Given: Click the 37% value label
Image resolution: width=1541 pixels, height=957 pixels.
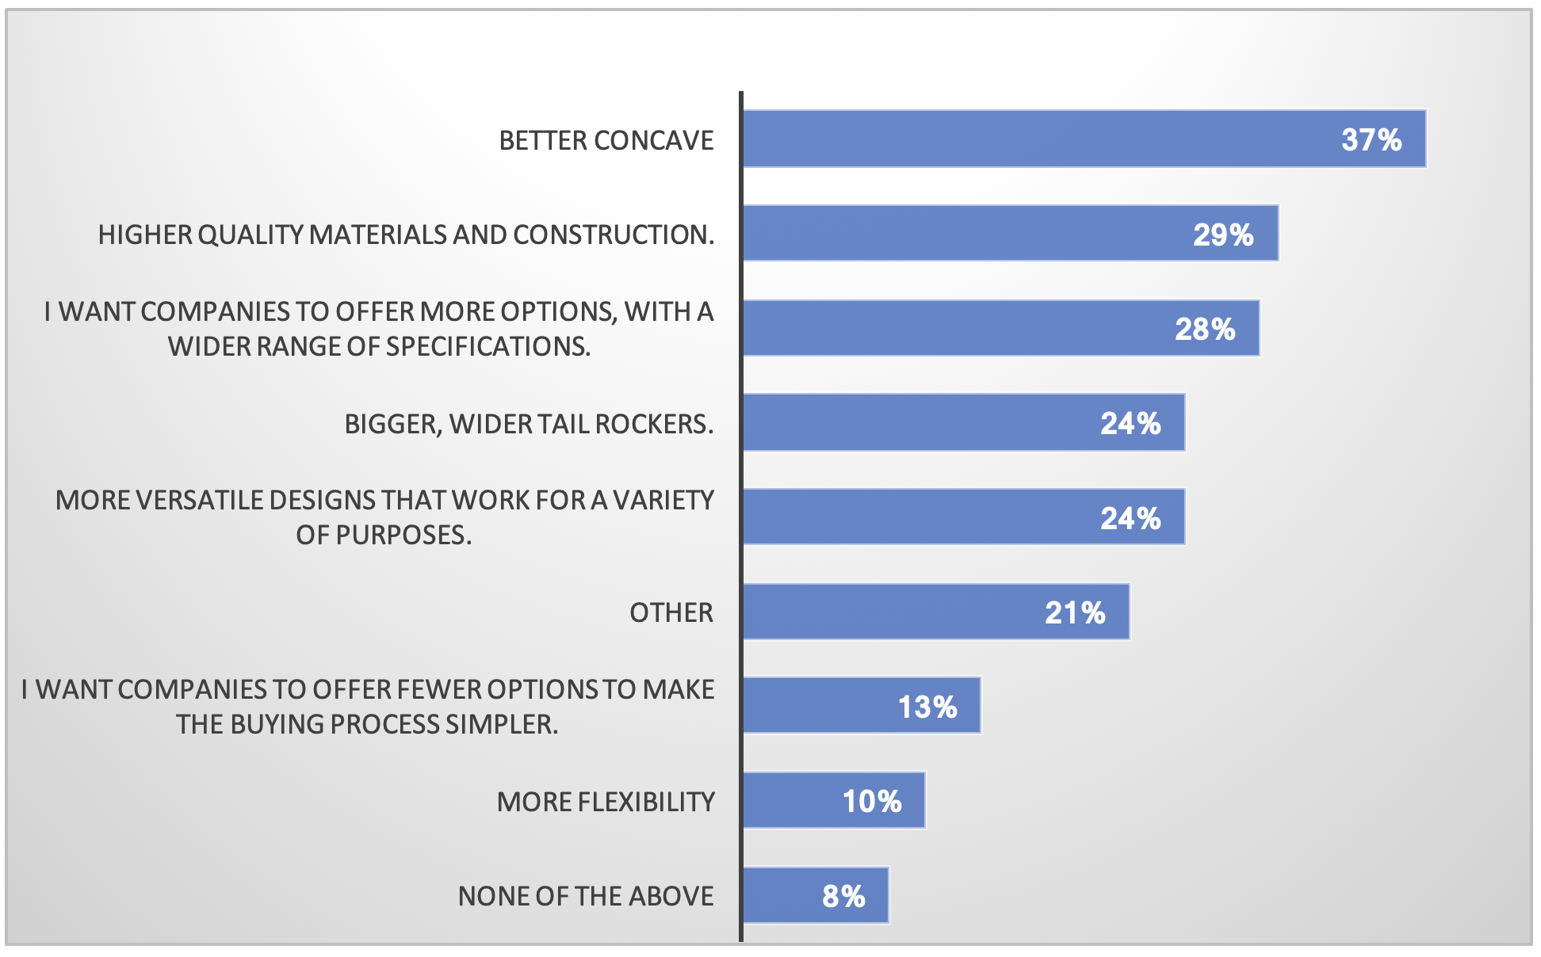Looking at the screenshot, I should pyautogui.click(x=1371, y=140).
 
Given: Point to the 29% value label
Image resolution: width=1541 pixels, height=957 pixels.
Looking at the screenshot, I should pyautogui.click(x=1223, y=234).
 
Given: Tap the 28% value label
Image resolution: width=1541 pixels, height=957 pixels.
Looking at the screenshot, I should pyautogui.click(x=1205, y=329).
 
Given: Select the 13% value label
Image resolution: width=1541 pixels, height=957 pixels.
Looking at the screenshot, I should pyautogui.click(x=927, y=707).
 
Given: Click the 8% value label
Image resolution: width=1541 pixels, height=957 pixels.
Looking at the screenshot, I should pyautogui.click(x=843, y=896).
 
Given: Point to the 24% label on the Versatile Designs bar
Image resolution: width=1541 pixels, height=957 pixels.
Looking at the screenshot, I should pyautogui.click(x=1130, y=518).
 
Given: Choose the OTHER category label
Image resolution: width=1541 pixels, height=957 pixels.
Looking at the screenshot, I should pyautogui.click(x=671, y=612).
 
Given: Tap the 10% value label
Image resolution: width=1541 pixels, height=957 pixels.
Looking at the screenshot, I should pyautogui.click(x=872, y=801).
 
